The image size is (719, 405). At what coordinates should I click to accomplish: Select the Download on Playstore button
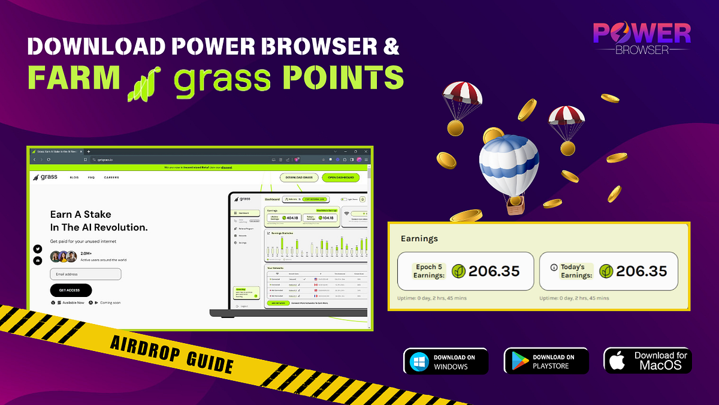[x=546, y=362]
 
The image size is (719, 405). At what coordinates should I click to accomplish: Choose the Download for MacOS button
[x=648, y=361]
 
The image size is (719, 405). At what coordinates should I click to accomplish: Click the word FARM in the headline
[x=72, y=78]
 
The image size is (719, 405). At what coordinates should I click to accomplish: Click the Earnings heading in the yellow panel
[x=419, y=238]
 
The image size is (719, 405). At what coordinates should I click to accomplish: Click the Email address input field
[x=86, y=274]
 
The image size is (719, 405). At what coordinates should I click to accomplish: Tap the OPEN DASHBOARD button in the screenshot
[x=340, y=178]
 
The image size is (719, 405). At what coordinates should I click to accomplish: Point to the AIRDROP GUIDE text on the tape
[x=171, y=353]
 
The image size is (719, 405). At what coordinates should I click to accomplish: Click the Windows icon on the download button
[x=419, y=362]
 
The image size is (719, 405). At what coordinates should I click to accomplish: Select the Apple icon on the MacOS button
[x=617, y=361]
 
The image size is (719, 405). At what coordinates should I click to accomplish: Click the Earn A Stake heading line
[x=81, y=214]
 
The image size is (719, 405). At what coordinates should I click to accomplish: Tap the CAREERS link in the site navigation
[x=111, y=178]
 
